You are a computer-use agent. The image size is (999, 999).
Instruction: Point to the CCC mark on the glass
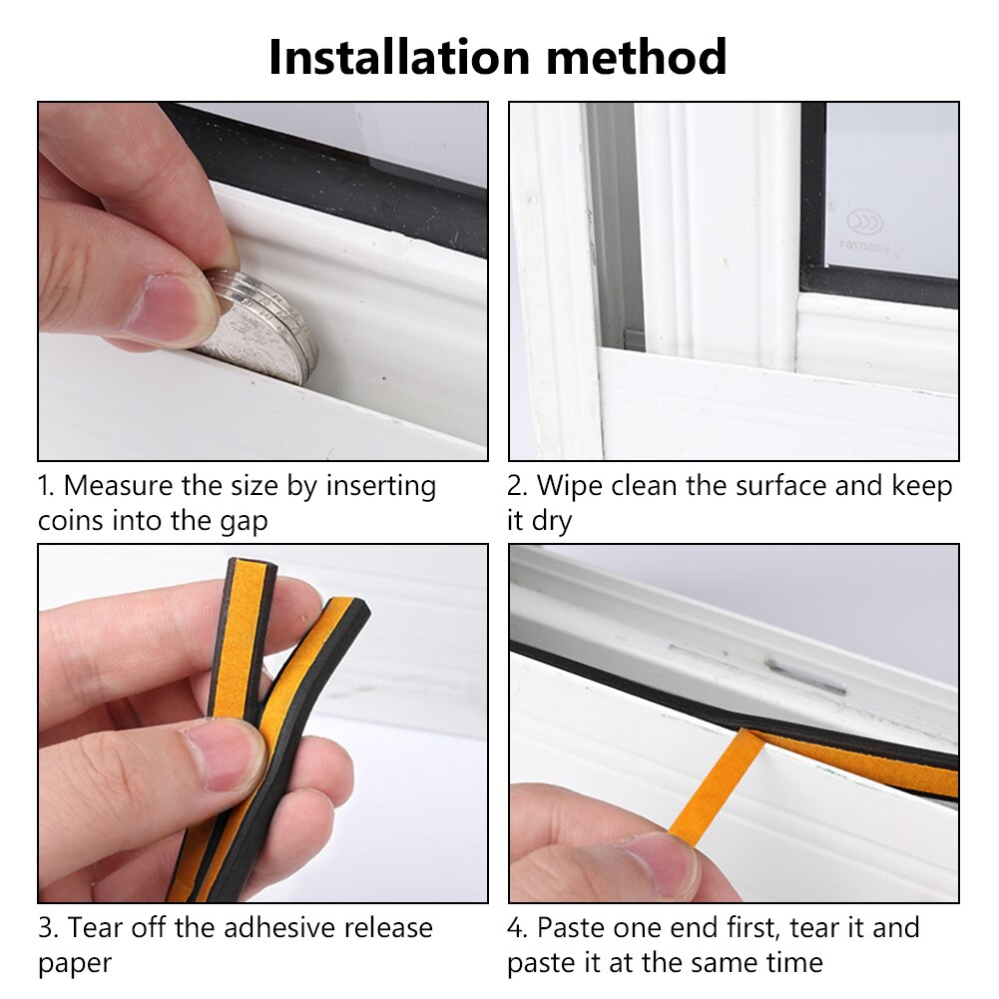coord(864,220)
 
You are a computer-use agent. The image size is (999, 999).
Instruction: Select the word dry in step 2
coord(551,521)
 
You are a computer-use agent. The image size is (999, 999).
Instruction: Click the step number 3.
coord(46,928)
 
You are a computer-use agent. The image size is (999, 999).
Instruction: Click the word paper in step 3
coord(74,963)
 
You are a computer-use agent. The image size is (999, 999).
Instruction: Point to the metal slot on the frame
coord(804,676)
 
